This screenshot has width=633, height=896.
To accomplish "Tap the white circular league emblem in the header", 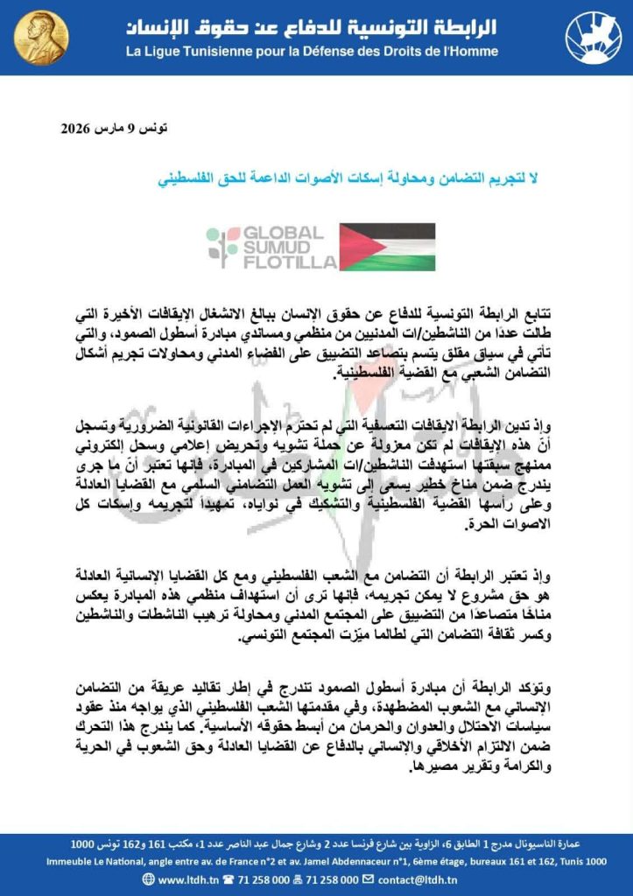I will coord(594,37).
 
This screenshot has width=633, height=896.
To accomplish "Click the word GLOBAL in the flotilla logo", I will coord(283,233).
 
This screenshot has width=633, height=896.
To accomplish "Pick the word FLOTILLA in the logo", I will coord(288,262).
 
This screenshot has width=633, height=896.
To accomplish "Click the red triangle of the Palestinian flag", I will coord(352,247).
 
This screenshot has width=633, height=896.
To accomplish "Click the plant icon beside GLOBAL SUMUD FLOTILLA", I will coord(222,248).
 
